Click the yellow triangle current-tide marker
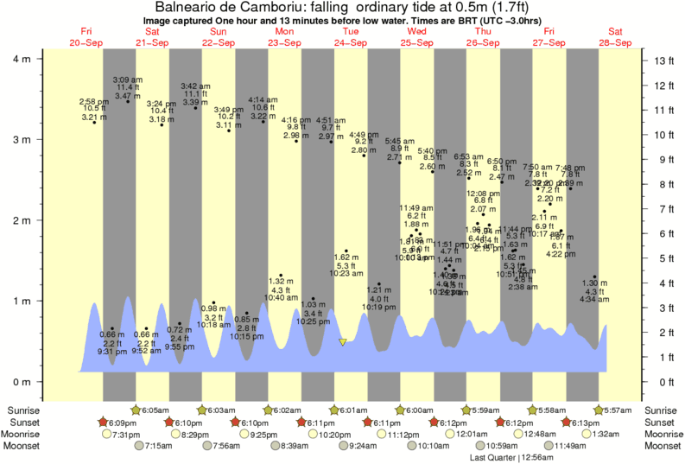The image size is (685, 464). [x=343, y=342]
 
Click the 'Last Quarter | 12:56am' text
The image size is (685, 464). [x=510, y=457]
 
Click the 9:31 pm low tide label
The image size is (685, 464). [x=107, y=352]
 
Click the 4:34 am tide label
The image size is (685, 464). [x=590, y=300]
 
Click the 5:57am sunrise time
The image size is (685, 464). [x=616, y=410]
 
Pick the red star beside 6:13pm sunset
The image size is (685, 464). [x=566, y=423]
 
